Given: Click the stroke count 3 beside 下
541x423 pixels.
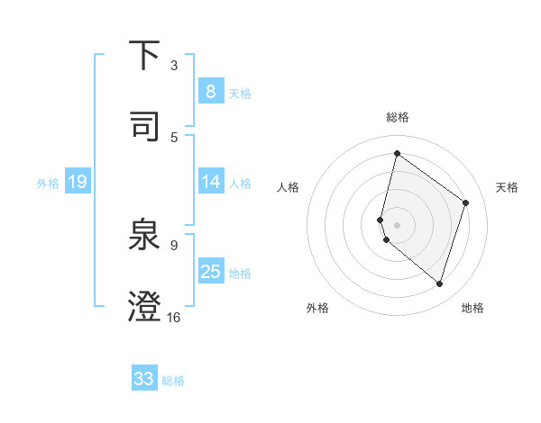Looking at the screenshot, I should click(174, 65).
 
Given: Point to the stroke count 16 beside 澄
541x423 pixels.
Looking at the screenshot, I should click(174, 317).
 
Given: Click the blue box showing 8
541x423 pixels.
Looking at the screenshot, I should click(210, 91).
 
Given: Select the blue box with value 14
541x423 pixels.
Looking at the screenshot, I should click(210, 183).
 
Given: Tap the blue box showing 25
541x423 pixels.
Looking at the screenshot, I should click(210, 273).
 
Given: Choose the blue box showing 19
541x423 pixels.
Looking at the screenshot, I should click(77, 183).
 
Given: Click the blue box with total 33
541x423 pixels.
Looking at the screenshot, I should click(144, 379).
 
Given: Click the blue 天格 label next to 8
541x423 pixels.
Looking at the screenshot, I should click(240, 93).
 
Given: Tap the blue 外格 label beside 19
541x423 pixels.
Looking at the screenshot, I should click(48, 184).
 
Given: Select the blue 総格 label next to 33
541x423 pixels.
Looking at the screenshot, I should click(173, 381).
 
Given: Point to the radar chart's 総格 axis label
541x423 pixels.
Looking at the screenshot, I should click(397, 117).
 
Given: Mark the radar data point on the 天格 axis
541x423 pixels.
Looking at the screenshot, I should click(466, 202).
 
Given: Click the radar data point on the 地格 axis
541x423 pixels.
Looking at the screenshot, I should click(439, 284).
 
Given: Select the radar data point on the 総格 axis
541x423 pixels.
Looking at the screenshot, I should click(397, 153).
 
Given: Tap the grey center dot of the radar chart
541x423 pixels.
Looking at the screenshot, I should click(397, 224).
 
